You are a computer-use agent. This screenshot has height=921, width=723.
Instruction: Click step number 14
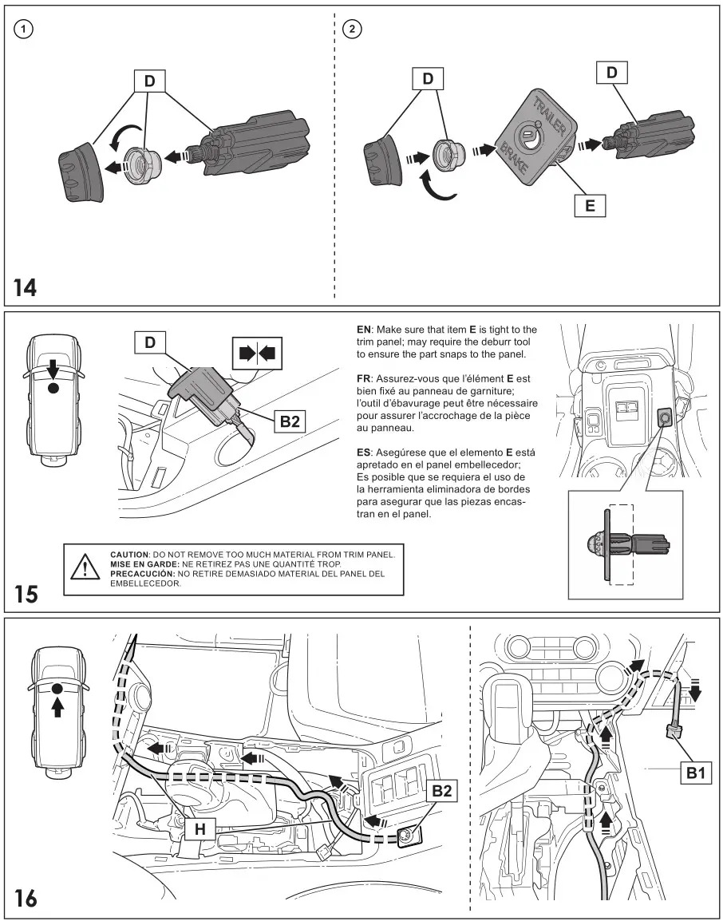[25, 287]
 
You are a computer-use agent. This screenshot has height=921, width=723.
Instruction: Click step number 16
[26, 898]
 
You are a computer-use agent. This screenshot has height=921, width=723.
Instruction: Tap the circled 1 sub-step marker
[26, 29]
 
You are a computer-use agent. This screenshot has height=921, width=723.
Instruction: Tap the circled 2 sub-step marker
[351, 29]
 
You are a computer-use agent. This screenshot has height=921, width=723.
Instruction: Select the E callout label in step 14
[590, 205]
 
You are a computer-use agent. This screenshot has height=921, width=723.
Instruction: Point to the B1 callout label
[695, 772]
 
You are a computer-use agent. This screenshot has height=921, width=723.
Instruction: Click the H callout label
[200, 831]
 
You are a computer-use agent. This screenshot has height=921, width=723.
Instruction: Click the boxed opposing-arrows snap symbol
[255, 352]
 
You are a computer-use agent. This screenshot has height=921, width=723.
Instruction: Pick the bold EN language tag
[364, 330]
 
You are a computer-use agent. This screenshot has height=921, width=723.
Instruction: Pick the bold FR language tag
[364, 374]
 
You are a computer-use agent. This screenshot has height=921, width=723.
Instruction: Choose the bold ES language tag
[364, 453]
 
